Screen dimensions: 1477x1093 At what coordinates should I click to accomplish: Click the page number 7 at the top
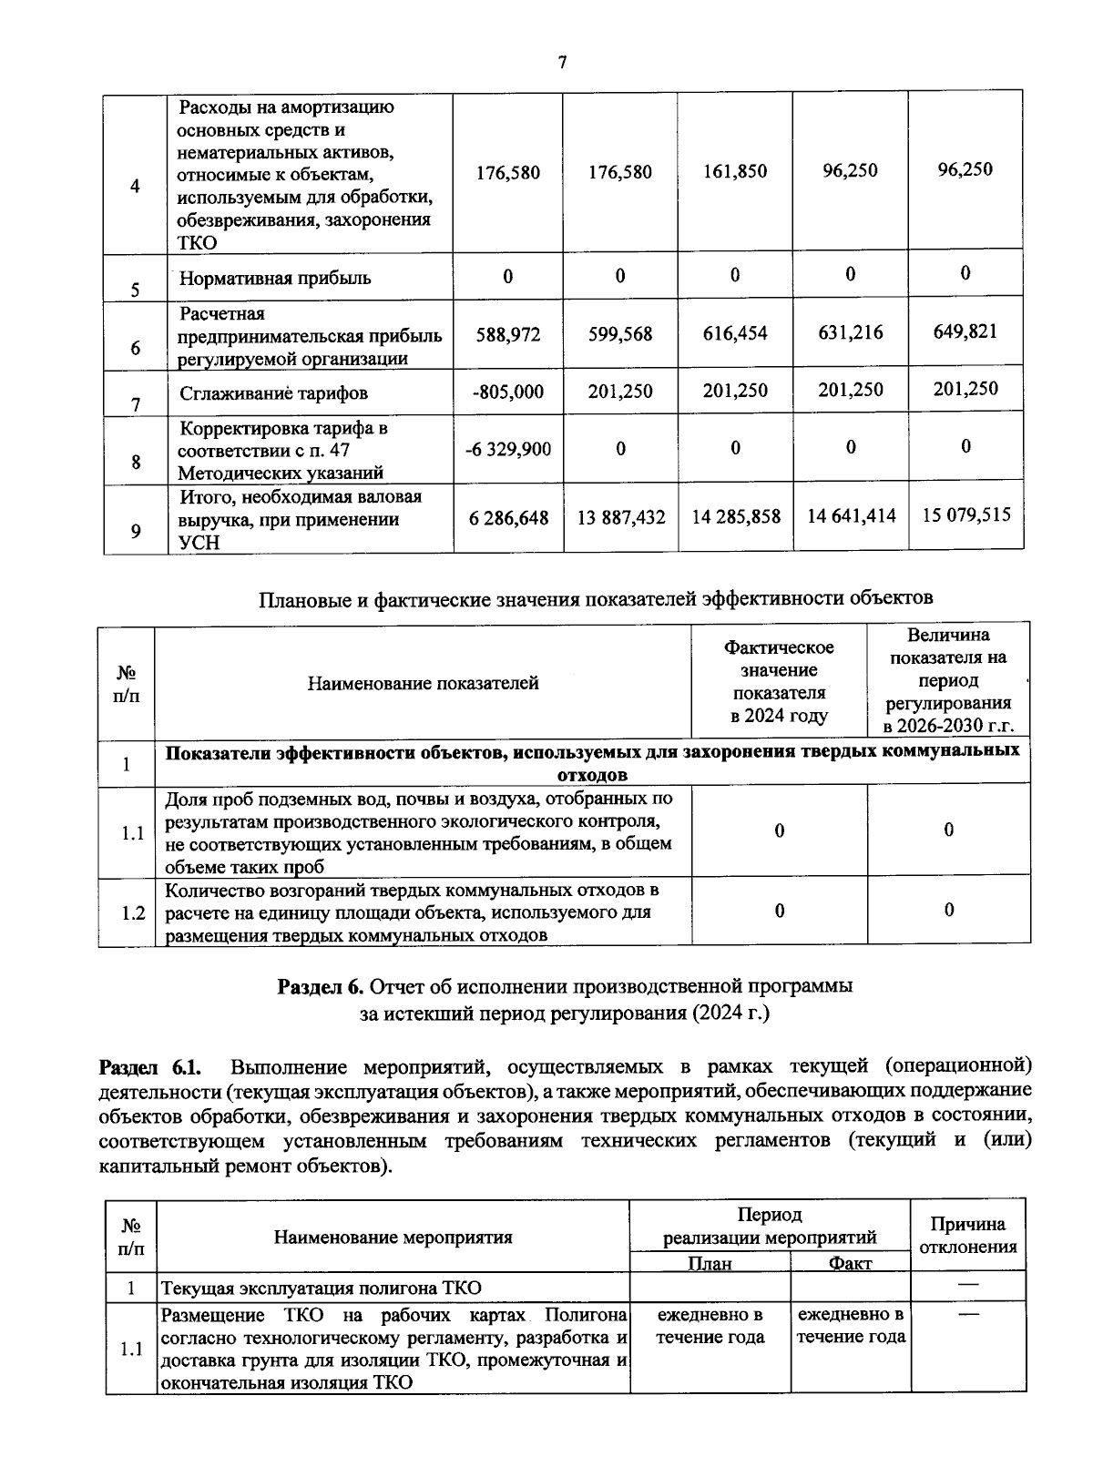point(561,63)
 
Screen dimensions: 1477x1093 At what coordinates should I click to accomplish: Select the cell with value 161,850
point(735,171)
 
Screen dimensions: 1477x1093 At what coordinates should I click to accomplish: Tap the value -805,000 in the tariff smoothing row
point(507,392)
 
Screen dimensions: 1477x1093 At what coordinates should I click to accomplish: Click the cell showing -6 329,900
point(507,449)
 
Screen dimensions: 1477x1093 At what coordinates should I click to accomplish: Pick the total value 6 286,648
point(508,517)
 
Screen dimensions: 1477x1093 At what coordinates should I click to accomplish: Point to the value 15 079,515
point(965,514)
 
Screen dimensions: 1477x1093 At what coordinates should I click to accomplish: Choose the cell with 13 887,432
point(621,517)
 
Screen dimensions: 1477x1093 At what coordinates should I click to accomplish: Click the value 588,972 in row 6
point(507,335)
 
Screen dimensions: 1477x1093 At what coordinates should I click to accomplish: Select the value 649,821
point(965,331)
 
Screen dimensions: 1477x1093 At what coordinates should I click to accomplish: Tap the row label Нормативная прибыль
point(275,279)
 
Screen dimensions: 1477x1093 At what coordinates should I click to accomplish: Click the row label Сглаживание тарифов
point(273,393)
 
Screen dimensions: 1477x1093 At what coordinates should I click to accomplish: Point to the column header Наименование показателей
point(423,683)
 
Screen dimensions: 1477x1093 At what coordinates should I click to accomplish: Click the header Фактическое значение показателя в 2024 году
point(779,681)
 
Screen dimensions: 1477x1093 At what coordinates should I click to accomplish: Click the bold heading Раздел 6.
point(320,987)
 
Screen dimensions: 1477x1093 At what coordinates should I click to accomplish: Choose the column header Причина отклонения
point(967,1236)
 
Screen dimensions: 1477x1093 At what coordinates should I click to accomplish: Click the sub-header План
point(710,1263)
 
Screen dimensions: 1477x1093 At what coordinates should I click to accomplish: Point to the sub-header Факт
point(850,1263)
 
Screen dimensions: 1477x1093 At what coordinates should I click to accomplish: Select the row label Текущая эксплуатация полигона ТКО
point(321,1289)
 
